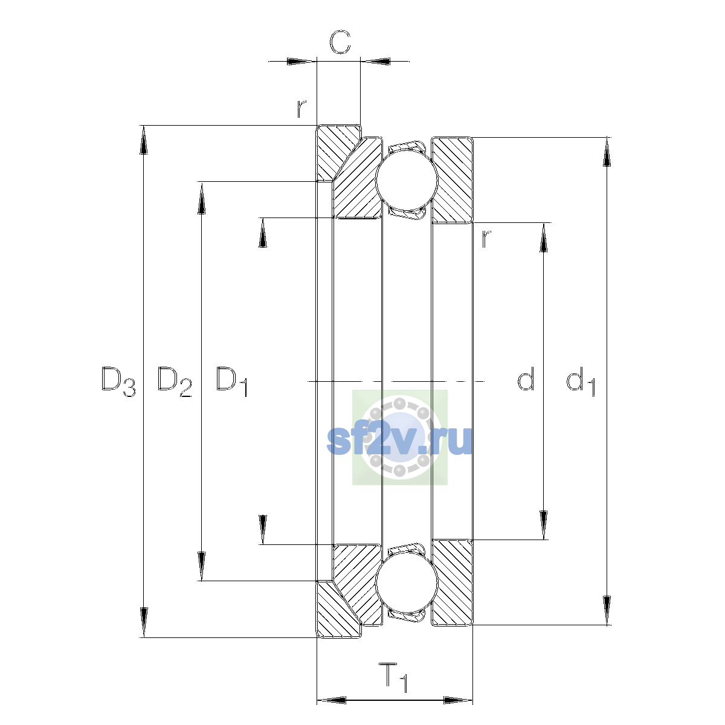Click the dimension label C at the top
(x=340, y=42)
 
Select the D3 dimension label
(x=118, y=381)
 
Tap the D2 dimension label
(x=175, y=381)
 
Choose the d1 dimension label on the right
(x=581, y=381)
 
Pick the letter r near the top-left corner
(x=301, y=109)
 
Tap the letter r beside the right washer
(x=486, y=239)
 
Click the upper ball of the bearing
(x=407, y=180)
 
